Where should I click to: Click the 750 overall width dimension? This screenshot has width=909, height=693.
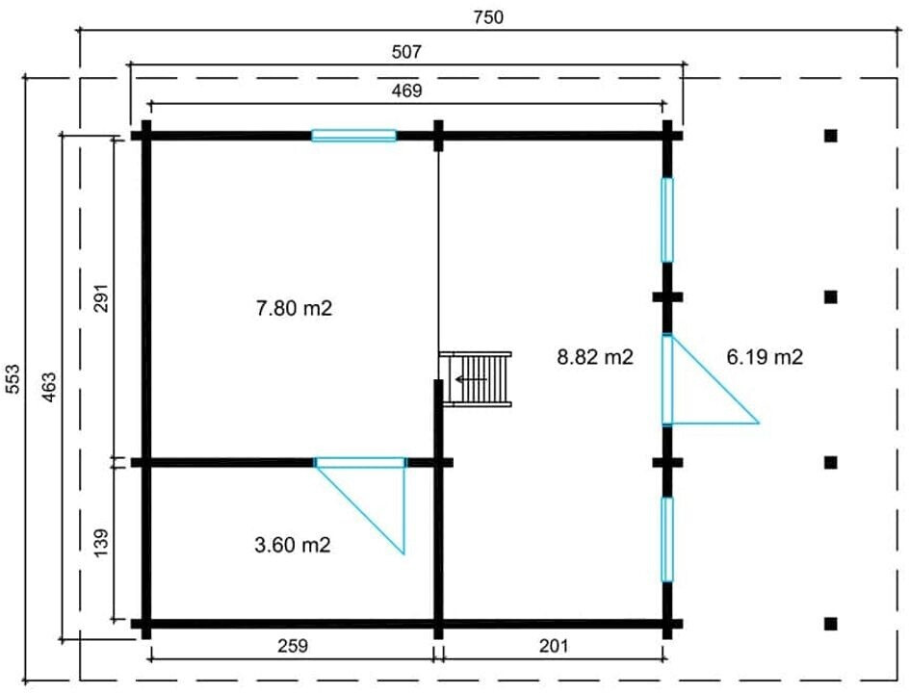tap(488, 17)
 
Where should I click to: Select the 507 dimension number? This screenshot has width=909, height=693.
tap(406, 52)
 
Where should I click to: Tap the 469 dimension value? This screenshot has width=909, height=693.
tap(406, 91)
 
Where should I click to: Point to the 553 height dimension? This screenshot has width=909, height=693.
tap(13, 379)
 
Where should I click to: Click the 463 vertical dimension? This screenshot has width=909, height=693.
tap(50, 387)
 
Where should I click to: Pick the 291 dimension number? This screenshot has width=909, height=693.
tap(101, 297)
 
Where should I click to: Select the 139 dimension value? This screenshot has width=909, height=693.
tap(101, 542)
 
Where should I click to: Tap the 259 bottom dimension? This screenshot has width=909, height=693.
tap(292, 646)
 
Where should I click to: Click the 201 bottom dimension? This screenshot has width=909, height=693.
tap(554, 646)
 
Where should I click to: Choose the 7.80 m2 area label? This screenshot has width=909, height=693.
tap(295, 308)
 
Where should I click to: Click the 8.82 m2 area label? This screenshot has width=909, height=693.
tap(595, 357)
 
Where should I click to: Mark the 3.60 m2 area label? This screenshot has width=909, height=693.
tap(293, 545)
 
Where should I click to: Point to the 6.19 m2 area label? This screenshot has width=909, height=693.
tap(765, 357)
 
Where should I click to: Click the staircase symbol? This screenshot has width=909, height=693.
tap(476, 379)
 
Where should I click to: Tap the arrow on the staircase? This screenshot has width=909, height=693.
tap(471, 379)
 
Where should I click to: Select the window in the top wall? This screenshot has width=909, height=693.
tap(353, 136)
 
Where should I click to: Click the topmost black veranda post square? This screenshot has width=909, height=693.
tap(831, 136)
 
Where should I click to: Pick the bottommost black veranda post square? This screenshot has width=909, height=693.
tap(831, 624)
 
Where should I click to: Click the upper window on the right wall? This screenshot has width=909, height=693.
tap(667, 219)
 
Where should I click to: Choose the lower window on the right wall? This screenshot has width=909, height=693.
tap(667, 539)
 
